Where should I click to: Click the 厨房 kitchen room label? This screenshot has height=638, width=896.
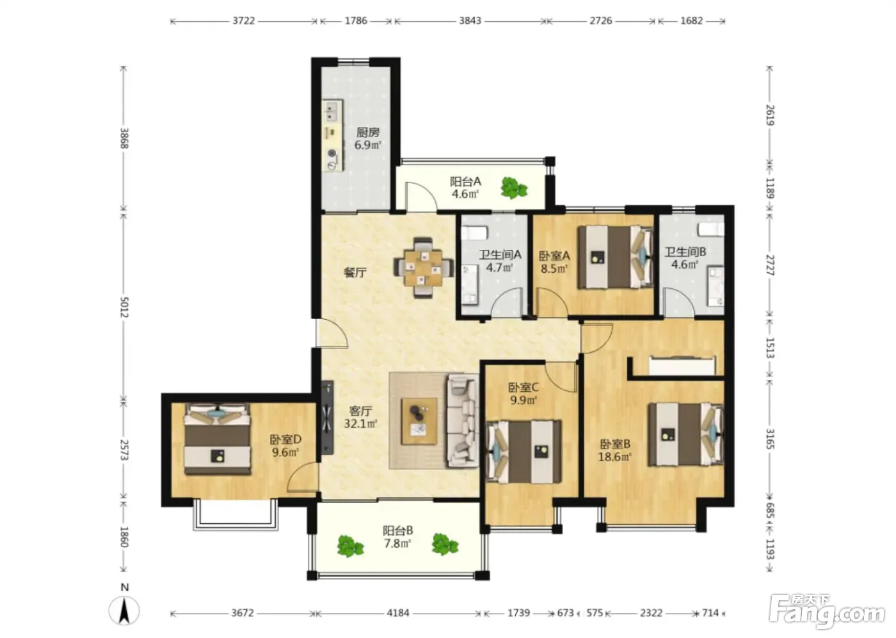(367, 132)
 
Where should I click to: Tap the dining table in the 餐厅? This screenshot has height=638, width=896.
(423, 268)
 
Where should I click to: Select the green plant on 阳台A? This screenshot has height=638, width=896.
(513, 188)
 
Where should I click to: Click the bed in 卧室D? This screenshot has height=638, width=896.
(217, 439)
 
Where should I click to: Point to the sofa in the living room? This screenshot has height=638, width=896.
(462, 421)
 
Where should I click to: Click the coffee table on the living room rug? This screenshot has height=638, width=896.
(419, 421)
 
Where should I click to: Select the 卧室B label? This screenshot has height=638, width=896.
(615, 444)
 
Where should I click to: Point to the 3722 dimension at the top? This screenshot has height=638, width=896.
(244, 20)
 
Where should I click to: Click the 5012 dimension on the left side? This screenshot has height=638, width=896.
(124, 307)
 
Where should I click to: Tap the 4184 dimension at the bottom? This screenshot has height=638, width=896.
(398, 613)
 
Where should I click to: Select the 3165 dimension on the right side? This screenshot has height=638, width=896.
(770, 439)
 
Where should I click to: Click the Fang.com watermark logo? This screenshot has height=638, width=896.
(827, 611)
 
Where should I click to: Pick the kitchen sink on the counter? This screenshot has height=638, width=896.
(332, 111)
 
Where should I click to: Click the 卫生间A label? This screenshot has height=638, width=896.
(500, 254)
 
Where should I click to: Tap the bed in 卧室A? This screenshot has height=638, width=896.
(615, 257)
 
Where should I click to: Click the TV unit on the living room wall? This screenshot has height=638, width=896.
(328, 417)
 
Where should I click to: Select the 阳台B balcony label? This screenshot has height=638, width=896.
(397, 531)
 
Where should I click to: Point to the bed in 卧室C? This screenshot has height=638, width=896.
(524, 452)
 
